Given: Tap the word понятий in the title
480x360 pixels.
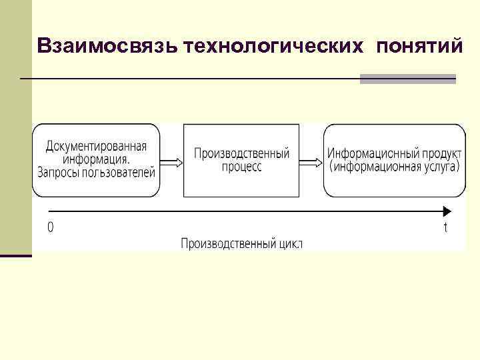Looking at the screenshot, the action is click(x=419, y=46).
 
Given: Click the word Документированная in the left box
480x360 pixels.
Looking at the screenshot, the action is click(x=97, y=147).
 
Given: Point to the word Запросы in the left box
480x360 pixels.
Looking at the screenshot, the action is click(x=59, y=172).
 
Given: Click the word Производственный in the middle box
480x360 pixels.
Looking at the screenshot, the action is click(x=241, y=153).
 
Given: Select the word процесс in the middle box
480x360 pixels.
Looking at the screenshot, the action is click(x=241, y=167).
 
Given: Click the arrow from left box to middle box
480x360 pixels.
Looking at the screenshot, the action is click(x=171, y=161).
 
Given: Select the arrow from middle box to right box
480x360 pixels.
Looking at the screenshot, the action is click(x=310, y=161).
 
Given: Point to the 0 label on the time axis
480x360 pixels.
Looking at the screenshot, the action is click(x=51, y=227).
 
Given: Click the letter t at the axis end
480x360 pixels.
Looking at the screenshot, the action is click(x=445, y=228).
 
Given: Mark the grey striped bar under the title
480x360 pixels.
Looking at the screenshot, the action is click(x=407, y=79).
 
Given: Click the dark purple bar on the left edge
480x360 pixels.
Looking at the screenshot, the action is click(x=15, y=255).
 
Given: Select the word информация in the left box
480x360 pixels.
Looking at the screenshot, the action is click(x=97, y=159).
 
